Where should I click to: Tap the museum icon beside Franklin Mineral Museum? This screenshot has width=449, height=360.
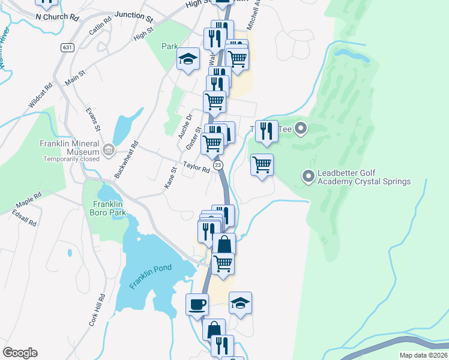pos(108,149)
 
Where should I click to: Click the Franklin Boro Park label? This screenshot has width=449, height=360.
pos(109,207)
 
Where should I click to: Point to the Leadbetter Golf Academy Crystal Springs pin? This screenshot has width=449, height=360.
pos(309,176)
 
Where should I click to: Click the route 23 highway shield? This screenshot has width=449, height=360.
pos(218,165)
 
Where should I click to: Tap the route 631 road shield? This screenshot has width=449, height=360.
pos(67,47)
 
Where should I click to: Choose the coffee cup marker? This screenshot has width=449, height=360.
pos(197,304)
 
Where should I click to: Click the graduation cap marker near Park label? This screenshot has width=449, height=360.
pos(188,59)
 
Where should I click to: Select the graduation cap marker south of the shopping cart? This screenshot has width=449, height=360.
pos(240,303)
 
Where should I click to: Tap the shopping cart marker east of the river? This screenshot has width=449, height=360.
pos(262,164)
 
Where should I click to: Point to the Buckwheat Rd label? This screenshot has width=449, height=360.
pos(126,160)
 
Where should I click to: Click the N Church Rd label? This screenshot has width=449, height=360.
pos(58,17)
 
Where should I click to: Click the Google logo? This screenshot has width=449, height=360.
pos(20,353)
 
